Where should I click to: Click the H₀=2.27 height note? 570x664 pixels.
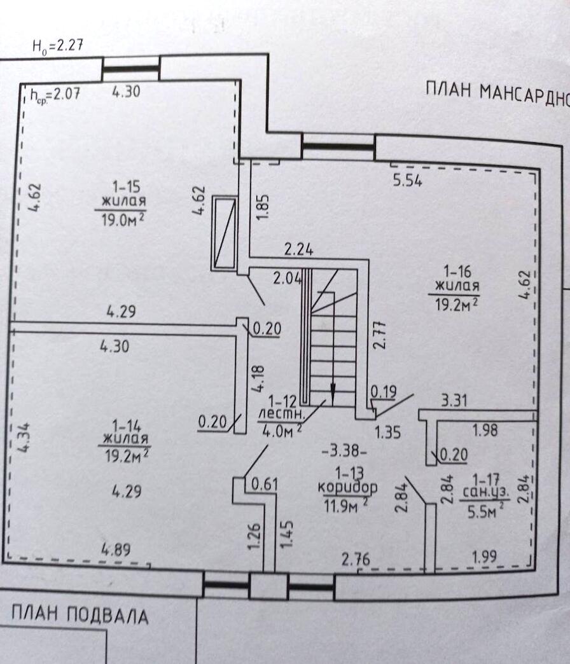click(x=58, y=46)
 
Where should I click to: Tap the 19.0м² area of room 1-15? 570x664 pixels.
click(x=121, y=220)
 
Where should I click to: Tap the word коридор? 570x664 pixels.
click(x=347, y=488)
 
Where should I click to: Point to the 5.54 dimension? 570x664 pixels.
click(x=408, y=181)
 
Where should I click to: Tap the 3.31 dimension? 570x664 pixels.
click(x=455, y=401)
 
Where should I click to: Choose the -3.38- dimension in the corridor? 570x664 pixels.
click(x=344, y=452)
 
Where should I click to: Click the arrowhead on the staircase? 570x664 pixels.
click(x=333, y=392)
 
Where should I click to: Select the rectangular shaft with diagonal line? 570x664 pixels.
click(x=225, y=233)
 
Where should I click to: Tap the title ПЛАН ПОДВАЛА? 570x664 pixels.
click(x=80, y=615)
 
